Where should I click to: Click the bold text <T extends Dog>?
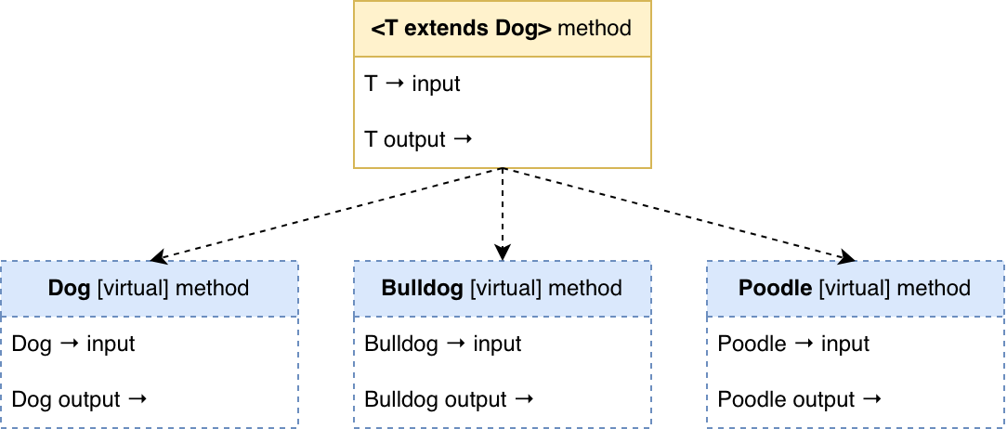461,28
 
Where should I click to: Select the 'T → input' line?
412,84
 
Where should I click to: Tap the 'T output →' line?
419,139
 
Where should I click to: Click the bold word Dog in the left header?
69,288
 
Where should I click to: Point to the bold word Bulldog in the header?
423,288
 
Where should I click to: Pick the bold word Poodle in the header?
775,288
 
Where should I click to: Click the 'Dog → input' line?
73,344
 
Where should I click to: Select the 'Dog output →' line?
80,399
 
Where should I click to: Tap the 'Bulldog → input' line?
443,344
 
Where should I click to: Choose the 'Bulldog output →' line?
450,399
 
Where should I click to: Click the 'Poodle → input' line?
793,344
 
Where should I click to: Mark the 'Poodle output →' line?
800,399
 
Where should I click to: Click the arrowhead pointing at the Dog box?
157,257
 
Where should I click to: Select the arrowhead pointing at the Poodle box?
848,257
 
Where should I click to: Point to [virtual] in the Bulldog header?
505,288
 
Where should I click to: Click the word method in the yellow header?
595,28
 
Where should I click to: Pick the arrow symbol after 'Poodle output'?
871,399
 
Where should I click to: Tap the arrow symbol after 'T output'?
463,139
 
